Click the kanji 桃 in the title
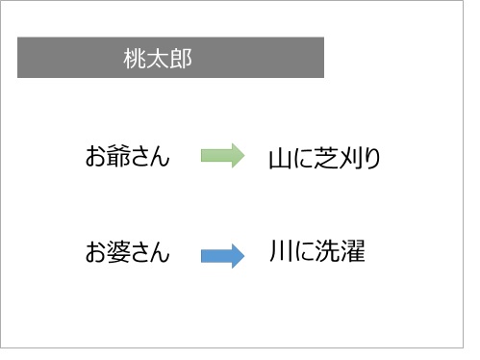135,59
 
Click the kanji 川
281,254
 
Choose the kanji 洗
327,254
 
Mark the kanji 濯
351,254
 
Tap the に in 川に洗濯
304,254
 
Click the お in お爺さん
94,156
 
